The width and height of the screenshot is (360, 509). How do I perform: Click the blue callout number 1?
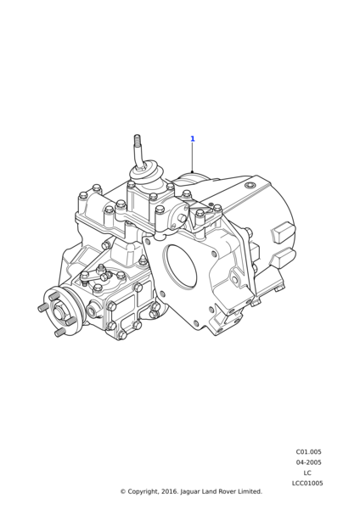[193, 138]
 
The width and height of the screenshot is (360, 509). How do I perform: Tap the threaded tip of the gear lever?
[137, 140]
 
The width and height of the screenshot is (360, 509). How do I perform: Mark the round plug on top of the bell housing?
[250, 186]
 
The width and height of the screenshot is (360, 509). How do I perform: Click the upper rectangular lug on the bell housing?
[283, 232]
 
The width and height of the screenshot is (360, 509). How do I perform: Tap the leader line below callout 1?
[193, 158]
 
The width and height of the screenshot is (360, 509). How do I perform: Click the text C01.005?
[308, 452]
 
